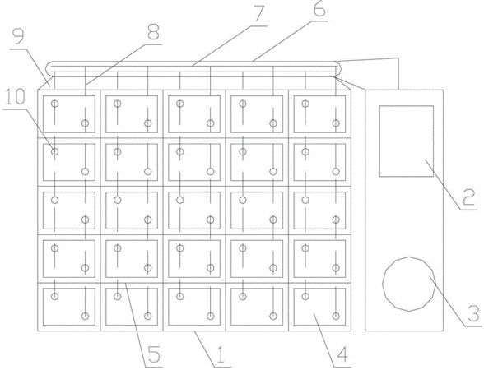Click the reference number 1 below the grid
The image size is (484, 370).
(x=220, y=354)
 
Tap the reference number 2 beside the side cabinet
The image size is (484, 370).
(x=469, y=197)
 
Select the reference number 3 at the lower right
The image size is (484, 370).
(x=473, y=313)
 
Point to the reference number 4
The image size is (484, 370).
(x=342, y=354)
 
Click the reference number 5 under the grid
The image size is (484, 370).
(x=154, y=354)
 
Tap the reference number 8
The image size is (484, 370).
(x=153, y=31)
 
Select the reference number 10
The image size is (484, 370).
(x=15, y=97)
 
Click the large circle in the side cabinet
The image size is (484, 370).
(x=409, y=284)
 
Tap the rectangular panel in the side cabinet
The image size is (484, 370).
(x=407, y=141)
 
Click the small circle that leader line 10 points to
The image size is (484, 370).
(x=54, y=151)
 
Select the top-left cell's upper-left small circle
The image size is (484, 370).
(x=54, y=104)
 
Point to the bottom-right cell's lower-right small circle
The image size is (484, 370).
(x=336, y=316)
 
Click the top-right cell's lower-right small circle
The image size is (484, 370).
(x=336, y=123)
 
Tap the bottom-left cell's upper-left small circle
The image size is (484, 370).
(x=54, y=296)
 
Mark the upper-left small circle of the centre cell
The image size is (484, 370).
(x=180, y=200)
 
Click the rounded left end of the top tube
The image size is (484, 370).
(x=47, y=67)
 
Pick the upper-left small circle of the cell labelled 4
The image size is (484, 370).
(x=305, y=296)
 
